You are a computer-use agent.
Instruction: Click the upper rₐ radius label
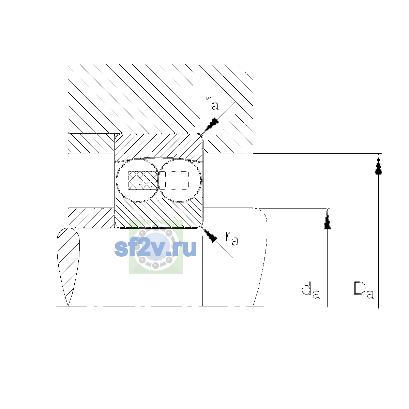click(212, 103)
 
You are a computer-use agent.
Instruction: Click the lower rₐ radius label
click(232, 239)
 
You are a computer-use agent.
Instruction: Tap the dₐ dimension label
click(310, 290)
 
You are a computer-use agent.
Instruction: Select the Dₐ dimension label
click(364, 290)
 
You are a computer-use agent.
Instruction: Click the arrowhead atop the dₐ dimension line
click(327, 219)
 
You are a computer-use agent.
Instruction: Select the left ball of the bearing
click(138, 180)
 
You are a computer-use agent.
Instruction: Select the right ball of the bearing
click(180, 180)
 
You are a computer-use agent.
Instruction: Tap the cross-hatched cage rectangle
click(143, 180)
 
